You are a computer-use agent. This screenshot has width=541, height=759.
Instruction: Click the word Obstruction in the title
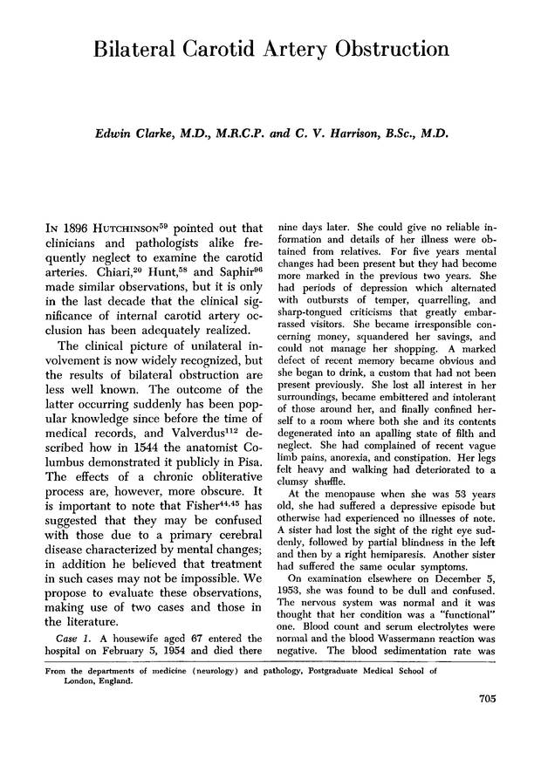click(387, 49)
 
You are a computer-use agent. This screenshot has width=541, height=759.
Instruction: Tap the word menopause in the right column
click(353, 492)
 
